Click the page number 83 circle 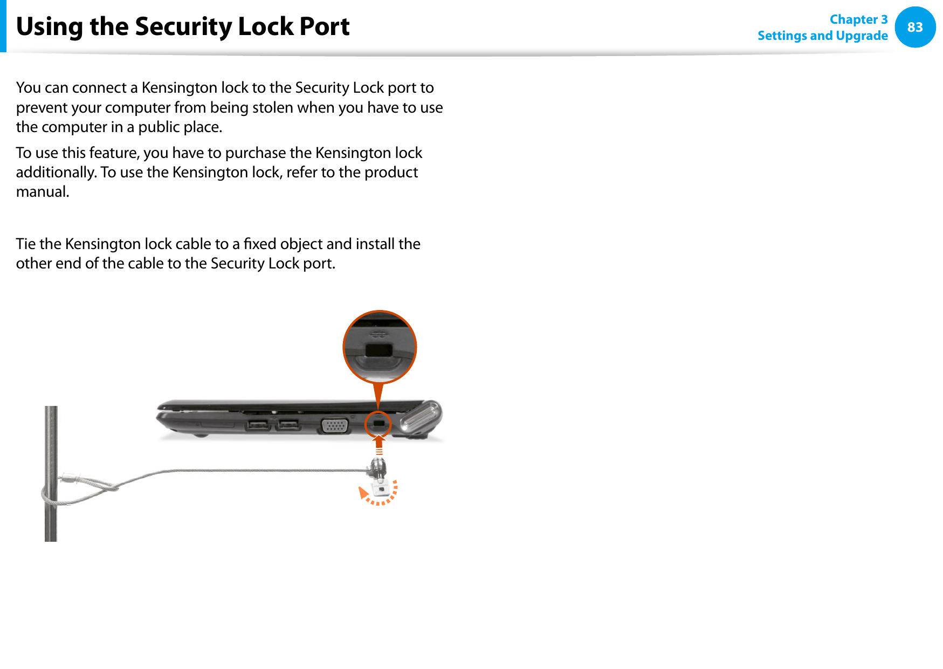coord(915,27)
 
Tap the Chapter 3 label coord(858,19)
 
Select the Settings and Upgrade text coord(822,36)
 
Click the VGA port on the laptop coord(335,426)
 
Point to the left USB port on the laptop coord(258,425)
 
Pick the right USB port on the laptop coord(289,425)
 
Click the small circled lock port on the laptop coord(378,424)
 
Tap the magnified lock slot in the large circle coord(379,350)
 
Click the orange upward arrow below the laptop coord(379,444)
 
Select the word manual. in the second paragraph coord(43,192)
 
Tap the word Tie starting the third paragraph coord(26,244)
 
